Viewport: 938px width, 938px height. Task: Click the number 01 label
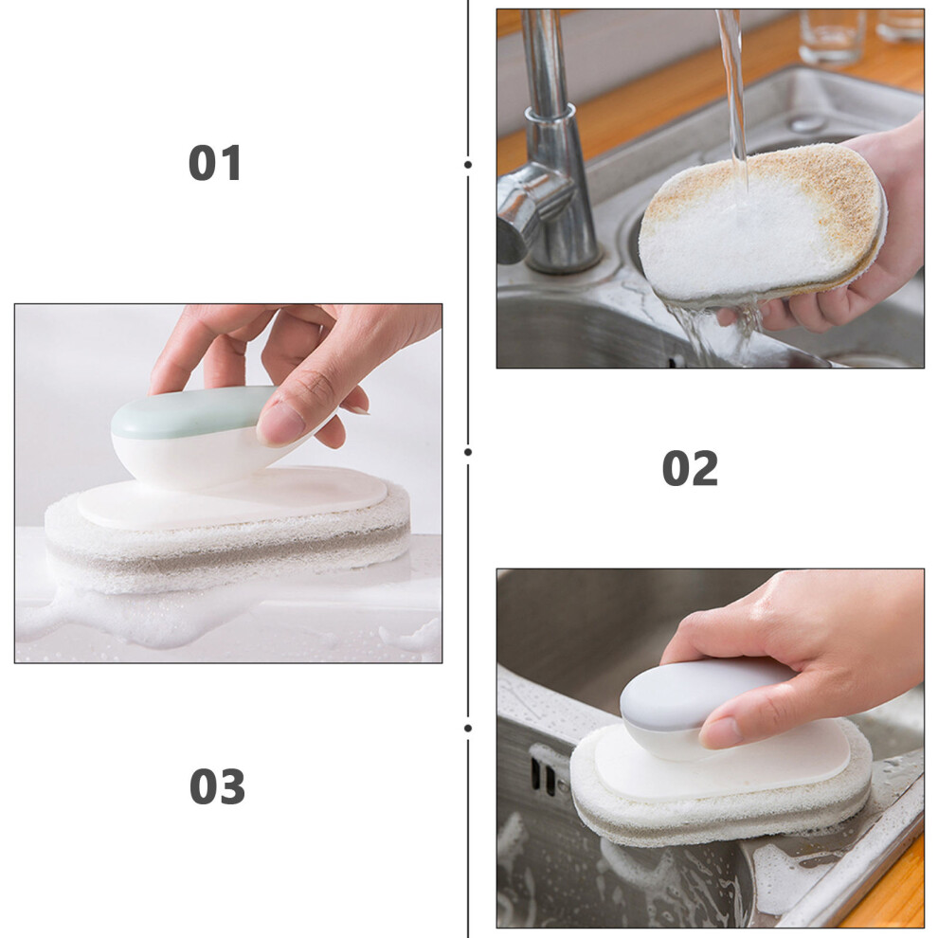215,163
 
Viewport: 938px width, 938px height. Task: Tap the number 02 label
690,468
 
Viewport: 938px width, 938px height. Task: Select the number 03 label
217,786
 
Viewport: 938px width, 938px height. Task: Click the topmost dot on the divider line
468,164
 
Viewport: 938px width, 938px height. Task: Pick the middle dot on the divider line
468,452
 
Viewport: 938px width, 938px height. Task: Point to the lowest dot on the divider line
468,728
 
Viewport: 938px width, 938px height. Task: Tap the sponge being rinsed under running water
762,226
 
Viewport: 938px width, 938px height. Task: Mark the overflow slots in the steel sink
543,775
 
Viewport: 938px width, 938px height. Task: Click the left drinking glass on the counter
832,37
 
